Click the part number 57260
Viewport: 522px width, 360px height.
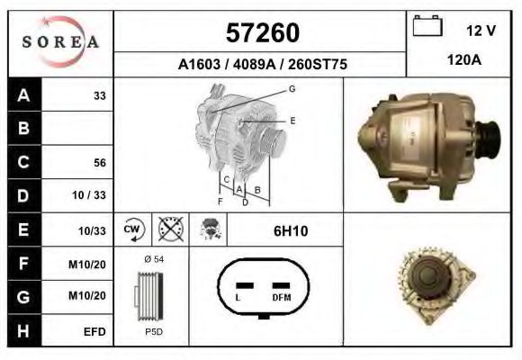click(260, 32)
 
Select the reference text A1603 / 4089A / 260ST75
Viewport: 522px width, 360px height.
click(260, 65)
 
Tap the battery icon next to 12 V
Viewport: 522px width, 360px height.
click(426, 27)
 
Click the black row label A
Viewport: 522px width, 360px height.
click(23, 94)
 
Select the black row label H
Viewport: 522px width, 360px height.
click(23, 330)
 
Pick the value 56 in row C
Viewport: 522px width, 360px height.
click(100, 163)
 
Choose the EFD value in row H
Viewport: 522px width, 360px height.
click(95, 331)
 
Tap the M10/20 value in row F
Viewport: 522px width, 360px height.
click(92, 264)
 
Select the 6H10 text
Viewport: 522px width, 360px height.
click(290, 231)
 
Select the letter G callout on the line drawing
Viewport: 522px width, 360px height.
click(292, 88)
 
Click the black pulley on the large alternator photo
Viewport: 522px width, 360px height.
click(490, 139)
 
